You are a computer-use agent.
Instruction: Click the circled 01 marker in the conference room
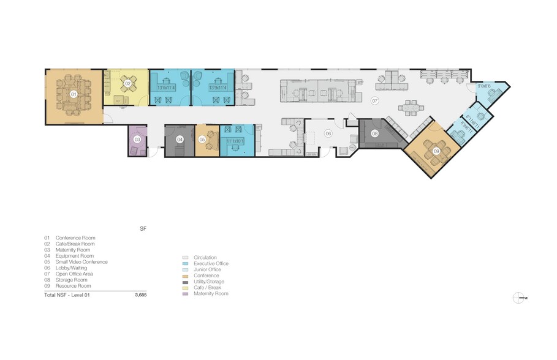(x=74, y=94)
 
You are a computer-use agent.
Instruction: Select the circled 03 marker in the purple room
(x=137, y=140)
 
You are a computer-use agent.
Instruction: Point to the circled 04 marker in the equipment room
(x=180, y=140)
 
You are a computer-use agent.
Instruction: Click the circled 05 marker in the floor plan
(x=202, y=140)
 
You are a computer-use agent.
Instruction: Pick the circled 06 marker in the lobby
(x=328, y=133)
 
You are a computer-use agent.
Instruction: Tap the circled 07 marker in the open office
(x=375, y=100)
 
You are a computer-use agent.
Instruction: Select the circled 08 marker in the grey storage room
(x=375, y=133)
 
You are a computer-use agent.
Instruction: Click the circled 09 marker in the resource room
(x=436, y=150)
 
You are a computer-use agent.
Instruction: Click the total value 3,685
(x=141, y=294)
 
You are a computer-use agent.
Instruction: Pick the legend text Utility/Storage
(x=210, y=282)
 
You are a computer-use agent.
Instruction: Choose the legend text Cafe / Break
(x=207, y=288)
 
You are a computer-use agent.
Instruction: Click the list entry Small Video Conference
(x=81, y=262)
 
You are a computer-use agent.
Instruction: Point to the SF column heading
(x=143, y=228)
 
